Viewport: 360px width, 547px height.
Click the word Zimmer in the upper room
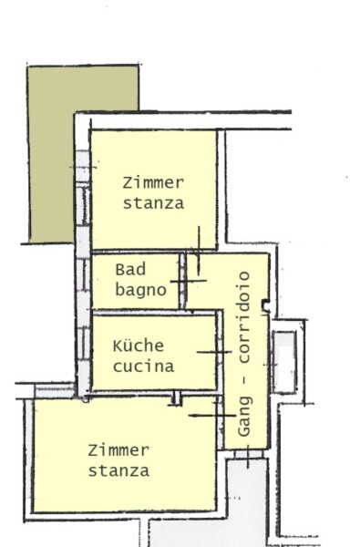153,183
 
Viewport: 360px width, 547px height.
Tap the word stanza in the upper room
153,203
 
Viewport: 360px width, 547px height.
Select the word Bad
130,270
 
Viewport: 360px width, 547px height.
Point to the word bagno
140,291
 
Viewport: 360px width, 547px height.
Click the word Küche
139,346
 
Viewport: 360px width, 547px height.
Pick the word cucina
143,366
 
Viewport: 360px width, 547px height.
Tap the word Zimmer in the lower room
118,450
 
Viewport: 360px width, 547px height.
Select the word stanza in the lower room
118,470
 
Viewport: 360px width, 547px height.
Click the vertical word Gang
244,417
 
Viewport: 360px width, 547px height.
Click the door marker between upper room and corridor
199,251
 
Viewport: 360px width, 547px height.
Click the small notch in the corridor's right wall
266,305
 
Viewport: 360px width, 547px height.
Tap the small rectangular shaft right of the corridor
284,361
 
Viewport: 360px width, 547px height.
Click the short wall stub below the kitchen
177,398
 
